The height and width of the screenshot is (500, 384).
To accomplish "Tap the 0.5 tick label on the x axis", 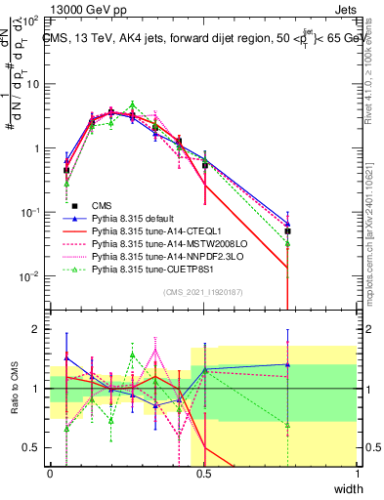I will (204, 474).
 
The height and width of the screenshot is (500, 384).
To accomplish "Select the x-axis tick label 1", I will (358, 474).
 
